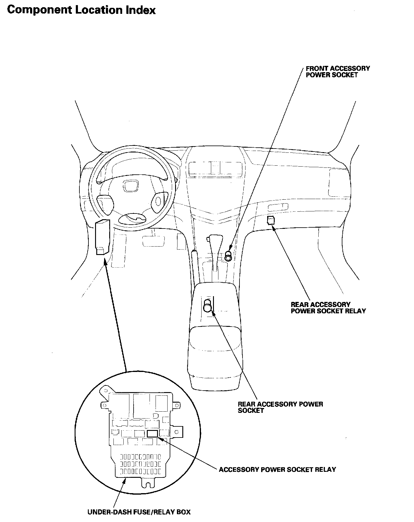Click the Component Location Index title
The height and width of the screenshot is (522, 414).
pos(81,10)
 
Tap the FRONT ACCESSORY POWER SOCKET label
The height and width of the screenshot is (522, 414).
pos(338,72)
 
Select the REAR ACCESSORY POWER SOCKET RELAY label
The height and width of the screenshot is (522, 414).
pos(328,308)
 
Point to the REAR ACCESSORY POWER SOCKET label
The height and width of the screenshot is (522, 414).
pos(280,407)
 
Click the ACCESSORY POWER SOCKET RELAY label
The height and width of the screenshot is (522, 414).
pos(277,469)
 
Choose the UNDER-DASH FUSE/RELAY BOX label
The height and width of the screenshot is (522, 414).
pos(139,512)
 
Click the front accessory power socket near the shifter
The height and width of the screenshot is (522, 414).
pos(228,256)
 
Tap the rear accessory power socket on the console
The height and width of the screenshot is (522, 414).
pos(208,307)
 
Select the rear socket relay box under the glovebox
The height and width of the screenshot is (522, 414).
pos(271,220)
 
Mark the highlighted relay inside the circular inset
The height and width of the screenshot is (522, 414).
pos(153,434)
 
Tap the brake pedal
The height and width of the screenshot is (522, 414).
pos(153,241)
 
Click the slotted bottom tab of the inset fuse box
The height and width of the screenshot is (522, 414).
pos(147,484)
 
